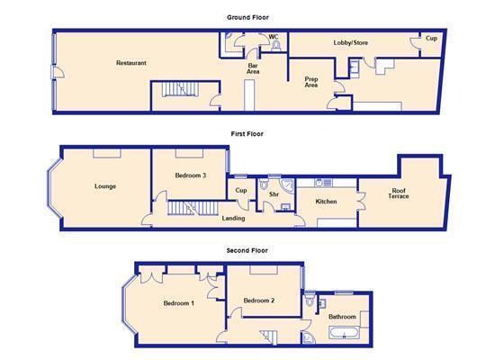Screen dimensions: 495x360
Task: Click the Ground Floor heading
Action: (247, 18)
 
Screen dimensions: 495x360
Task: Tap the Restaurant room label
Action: (131, 63)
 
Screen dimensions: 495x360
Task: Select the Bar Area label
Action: (253, 68)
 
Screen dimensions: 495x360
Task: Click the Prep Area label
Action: (311, 82)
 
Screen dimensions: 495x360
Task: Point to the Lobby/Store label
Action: (351, 42)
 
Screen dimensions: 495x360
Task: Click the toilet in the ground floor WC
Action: (276, 46)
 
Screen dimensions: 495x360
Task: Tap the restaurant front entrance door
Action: (58, 72)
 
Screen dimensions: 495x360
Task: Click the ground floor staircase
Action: (179, 89)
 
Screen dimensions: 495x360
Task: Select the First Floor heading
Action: (247, 134)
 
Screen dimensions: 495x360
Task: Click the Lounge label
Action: (105, 186)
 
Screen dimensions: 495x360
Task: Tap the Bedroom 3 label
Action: (191, 175)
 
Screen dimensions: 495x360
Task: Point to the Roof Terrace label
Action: (399, 193)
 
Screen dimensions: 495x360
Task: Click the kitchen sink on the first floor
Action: (323, 182)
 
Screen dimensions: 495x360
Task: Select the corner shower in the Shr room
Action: (287, 185)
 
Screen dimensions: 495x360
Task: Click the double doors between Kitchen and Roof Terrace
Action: (362, 202)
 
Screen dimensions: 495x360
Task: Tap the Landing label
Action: (233, 218)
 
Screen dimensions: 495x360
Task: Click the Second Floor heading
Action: (247, 251)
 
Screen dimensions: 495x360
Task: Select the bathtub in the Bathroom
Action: (344, 333)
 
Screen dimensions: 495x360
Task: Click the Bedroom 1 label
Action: (179, 303)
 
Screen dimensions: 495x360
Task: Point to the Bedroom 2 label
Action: (259, 301)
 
